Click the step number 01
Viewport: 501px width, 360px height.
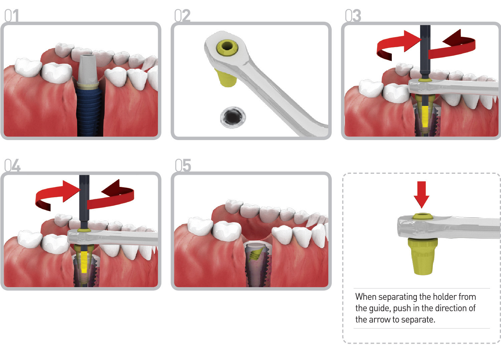(12, 16)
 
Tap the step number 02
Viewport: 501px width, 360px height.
(182, 16)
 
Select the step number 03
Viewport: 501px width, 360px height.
(353, 16)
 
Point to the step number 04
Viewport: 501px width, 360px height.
(12, 165)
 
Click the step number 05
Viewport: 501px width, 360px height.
(183, 165)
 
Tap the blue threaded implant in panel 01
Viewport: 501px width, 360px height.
(89, 107)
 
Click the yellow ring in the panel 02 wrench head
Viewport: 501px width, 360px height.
(227, 47)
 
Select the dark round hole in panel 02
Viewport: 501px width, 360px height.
(233, 117)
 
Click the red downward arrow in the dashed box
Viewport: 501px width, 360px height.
(422, 194)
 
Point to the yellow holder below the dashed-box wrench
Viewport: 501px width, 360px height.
(423, 256)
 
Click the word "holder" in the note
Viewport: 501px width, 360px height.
(445, 297)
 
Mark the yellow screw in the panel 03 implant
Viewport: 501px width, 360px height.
(425, 115)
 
